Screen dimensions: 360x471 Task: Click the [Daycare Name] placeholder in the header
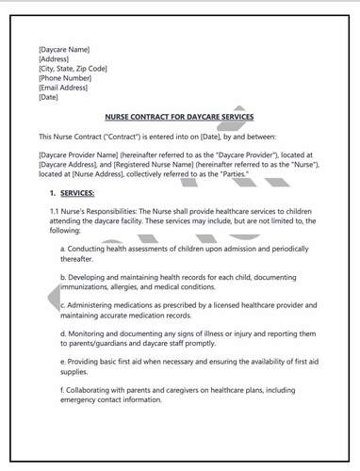tap(64, 49)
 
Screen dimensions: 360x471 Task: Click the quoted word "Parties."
tap(226, 172)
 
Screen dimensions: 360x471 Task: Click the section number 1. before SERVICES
tap(53, 192)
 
